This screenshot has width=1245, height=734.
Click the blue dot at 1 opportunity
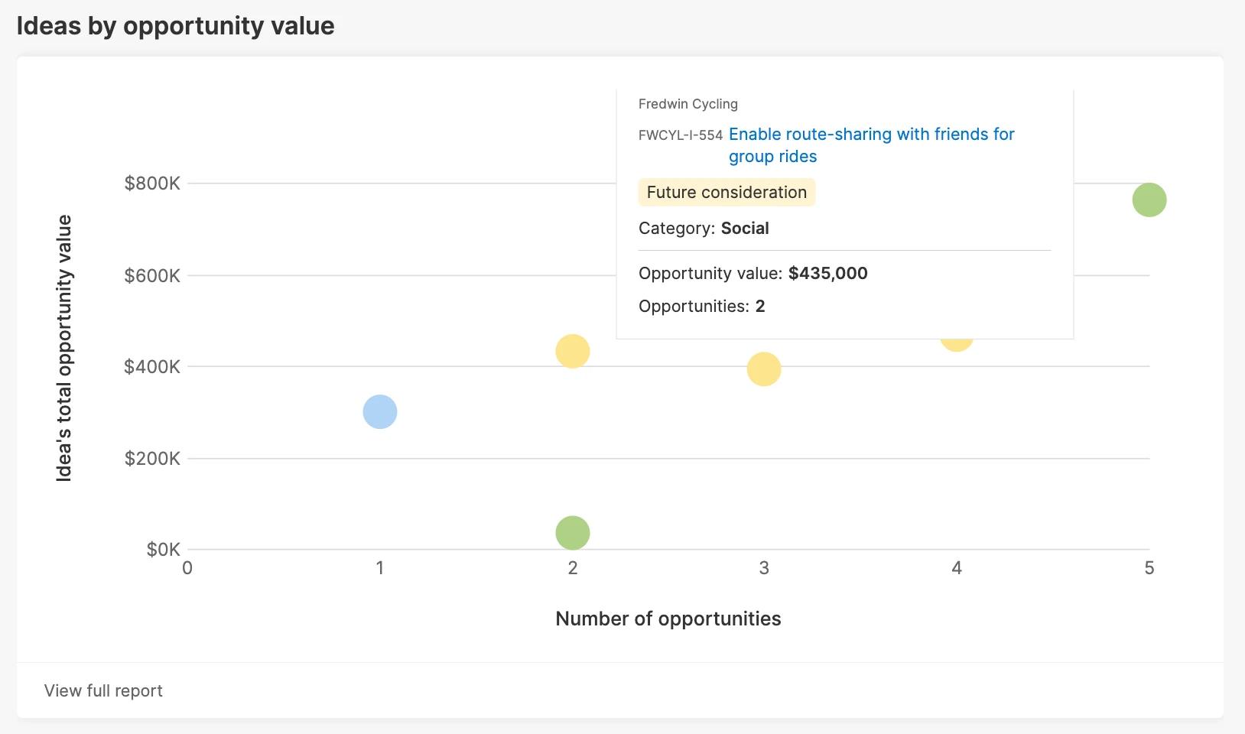[380, 412]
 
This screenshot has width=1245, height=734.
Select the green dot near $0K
[573, 533]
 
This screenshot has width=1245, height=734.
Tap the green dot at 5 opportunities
[1149, 200]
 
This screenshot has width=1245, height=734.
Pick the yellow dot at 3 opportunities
[764, 369]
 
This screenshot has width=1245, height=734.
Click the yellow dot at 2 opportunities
[573, 352]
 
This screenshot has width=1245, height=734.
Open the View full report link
[103, 691]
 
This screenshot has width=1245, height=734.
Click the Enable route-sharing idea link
[871, 135]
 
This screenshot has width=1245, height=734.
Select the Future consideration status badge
[727, 193]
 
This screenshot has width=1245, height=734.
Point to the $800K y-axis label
[152, 183]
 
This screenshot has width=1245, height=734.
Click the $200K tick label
[152, 459]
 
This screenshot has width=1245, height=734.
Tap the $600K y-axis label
[152, 275]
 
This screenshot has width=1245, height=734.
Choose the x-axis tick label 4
[957, 568]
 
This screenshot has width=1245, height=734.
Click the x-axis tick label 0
[187, 568]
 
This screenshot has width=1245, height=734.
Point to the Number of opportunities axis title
[668, 619]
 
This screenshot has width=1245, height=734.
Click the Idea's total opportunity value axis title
[64, 348]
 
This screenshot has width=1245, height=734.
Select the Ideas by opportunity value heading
[175, 26]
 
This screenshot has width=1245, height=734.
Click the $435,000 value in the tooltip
[827, 274]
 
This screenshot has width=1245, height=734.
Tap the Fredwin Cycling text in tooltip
[688, 104]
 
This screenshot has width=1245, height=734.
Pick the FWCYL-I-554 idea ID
[680, 135]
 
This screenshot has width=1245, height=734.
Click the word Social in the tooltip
[745, 229]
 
